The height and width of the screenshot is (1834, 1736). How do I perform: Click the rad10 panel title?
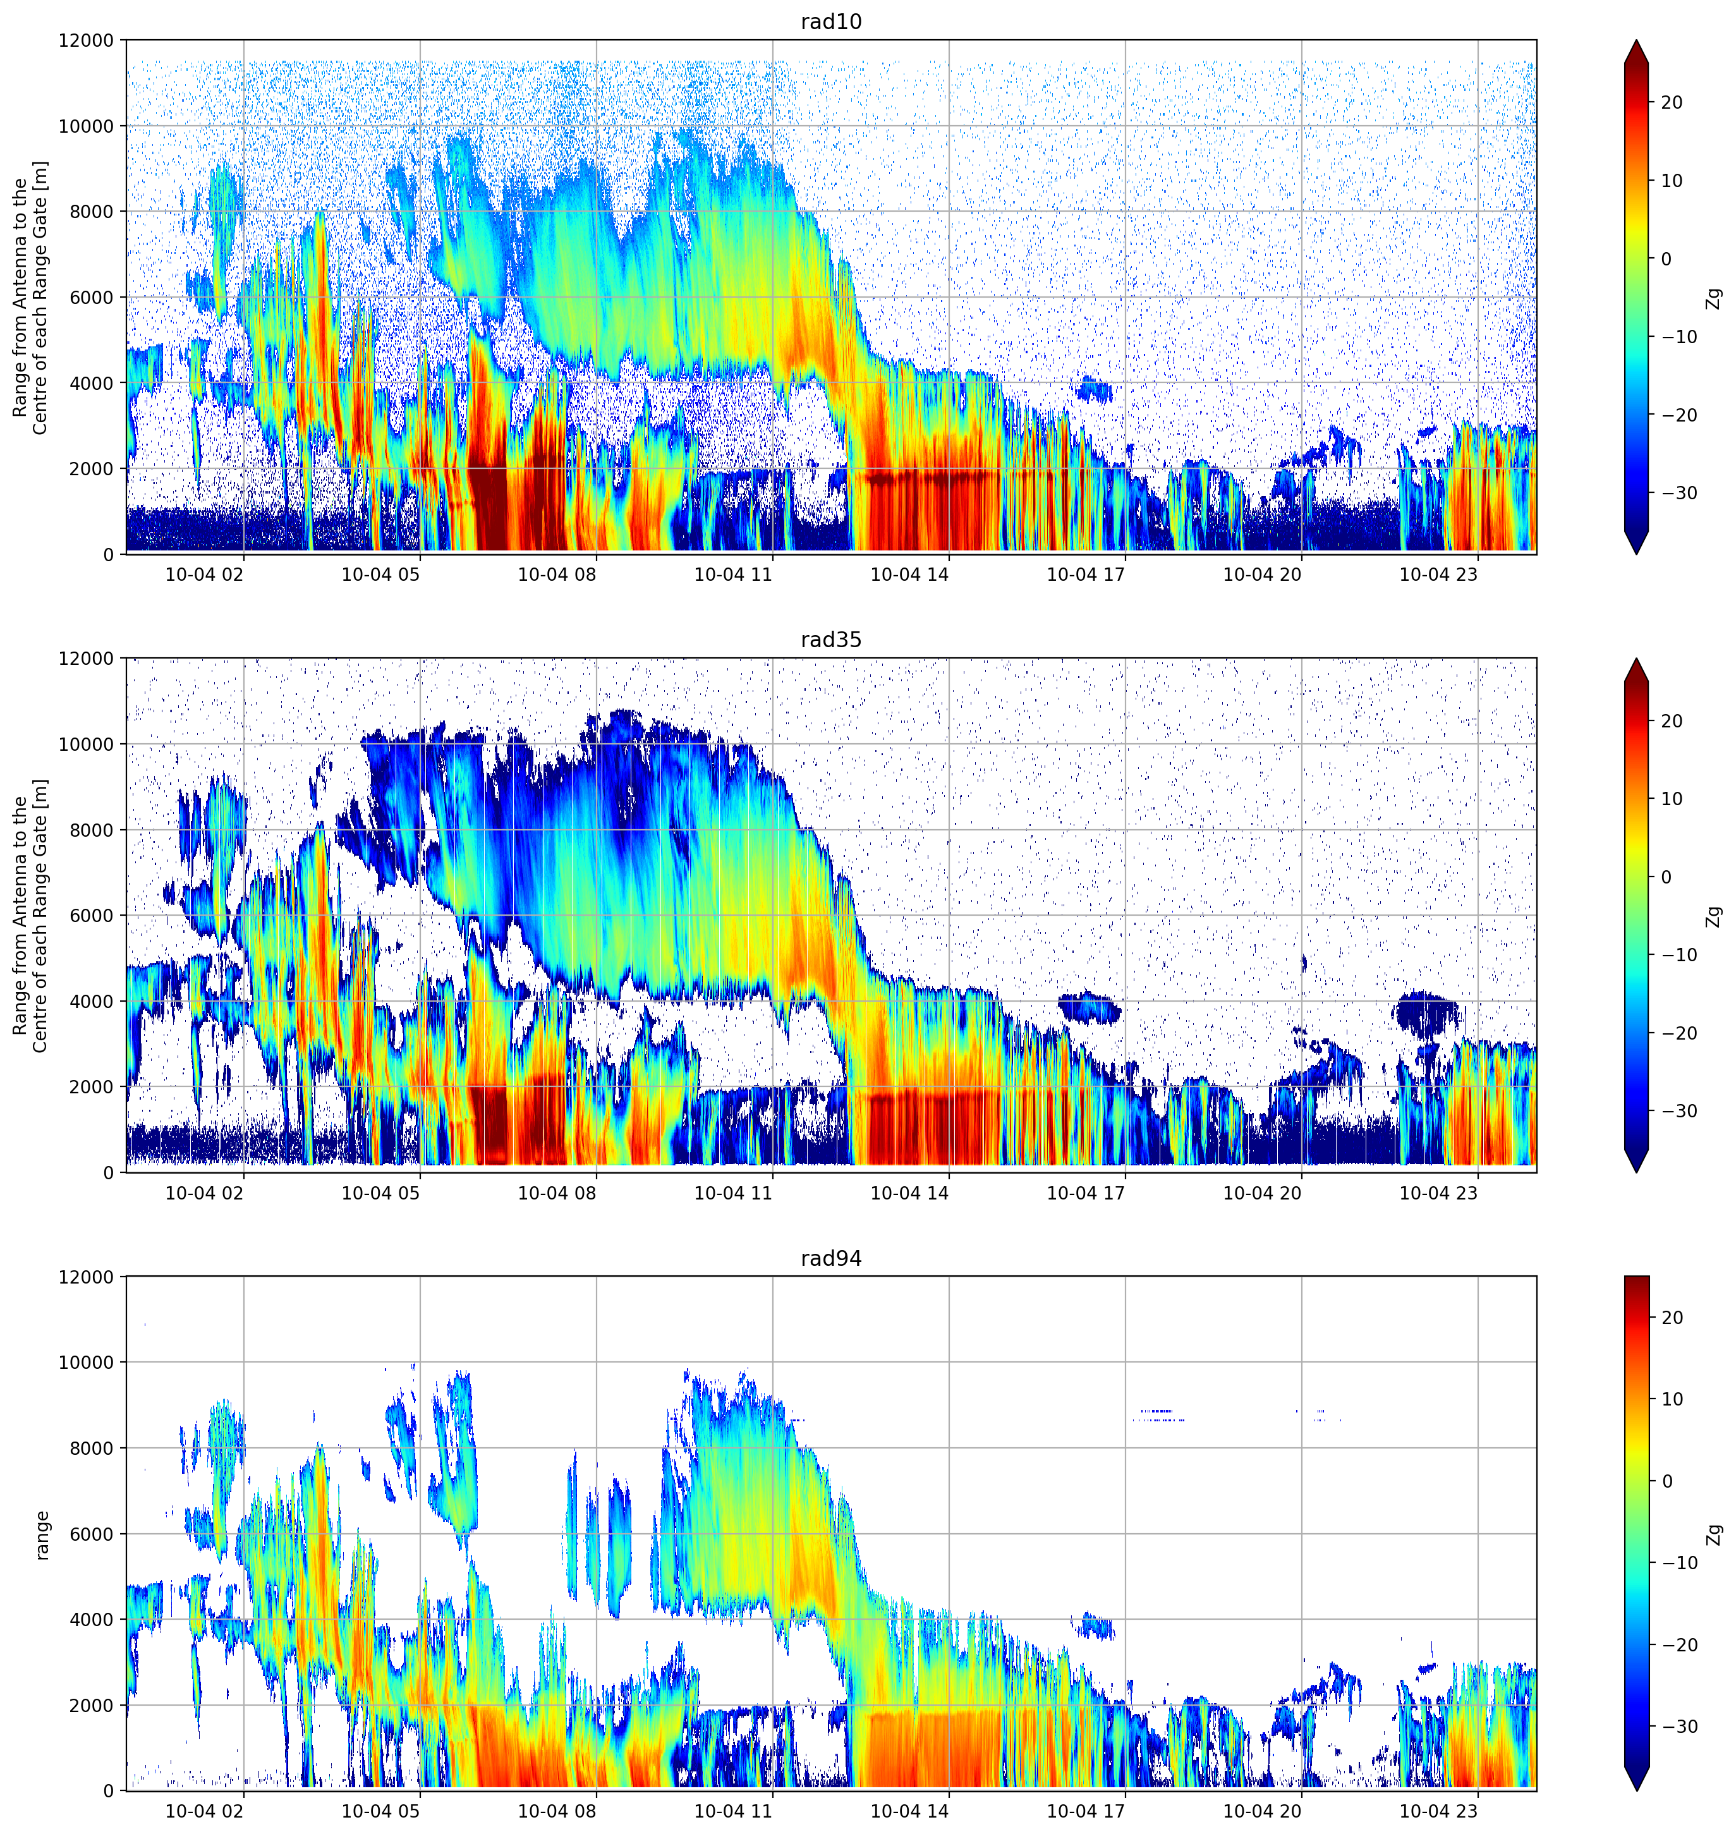831,22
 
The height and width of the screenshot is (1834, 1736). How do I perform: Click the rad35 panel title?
831,640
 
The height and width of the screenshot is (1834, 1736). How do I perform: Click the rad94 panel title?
831,1258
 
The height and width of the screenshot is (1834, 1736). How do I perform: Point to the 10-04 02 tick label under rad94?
205,1811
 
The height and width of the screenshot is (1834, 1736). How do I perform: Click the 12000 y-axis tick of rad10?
86,40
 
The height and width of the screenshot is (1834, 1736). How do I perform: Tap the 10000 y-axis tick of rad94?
86,1362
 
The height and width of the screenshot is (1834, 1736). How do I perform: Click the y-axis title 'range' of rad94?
42,1535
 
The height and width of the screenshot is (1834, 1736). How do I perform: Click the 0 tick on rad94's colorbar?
1666,1481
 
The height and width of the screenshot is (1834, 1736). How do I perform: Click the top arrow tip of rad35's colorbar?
1636,659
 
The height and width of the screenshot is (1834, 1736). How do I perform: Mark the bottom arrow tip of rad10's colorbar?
1636,554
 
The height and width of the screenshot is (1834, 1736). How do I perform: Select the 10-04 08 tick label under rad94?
557,1811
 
